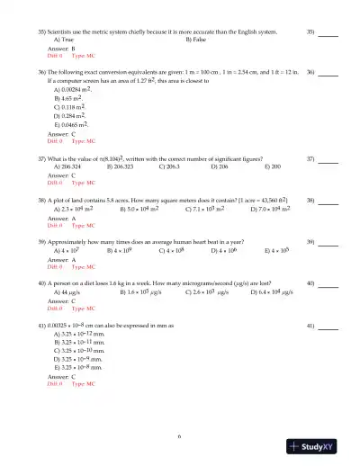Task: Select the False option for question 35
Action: point(195,40)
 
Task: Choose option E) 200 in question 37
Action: point(275,167)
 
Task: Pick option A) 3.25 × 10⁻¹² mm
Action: point(80,335)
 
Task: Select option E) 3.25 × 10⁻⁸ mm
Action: point(79,368)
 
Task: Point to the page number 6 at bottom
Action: point(180,436)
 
